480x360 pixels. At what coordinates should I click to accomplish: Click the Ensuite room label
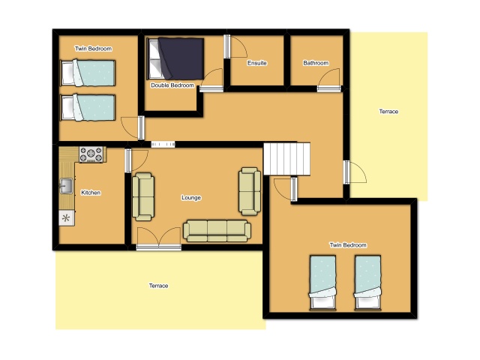click(x=256, y=63)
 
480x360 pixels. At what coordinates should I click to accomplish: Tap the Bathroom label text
click(x=316, y=63)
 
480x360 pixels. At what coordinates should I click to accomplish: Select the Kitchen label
click(x=91, y=193)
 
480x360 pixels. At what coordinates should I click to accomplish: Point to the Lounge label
click(x=191, y=198)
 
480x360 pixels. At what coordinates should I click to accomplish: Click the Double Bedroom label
click(x=172, y=85)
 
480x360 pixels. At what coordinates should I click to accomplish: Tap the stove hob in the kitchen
click(x=91, y=154)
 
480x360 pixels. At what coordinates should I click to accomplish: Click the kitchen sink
click(x=66, y=186)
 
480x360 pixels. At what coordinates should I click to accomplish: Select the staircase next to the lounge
click(x=286, y=159)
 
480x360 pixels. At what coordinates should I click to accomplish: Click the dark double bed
click(x=175, y=58)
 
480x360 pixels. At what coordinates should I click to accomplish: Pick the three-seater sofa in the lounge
click(x=217, y=231)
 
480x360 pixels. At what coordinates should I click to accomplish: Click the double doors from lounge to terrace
click(x=158, y=239)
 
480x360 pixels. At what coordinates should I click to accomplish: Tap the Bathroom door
click(x=329, y=80)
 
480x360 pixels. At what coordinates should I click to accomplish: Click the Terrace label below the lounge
click(x=158, y=286)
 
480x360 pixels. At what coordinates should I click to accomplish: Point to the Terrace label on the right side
click(x=388, y=112)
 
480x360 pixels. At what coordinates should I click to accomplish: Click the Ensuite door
click(x=235, y=46)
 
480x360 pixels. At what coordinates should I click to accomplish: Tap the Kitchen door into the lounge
click(x=136, y=160)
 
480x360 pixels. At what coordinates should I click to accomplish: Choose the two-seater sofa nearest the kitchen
click(x=143, y=196)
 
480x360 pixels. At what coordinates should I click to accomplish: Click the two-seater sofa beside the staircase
click(x=250, y=191)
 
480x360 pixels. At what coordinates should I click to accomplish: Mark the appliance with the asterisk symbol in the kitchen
click(x=67, y=218)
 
